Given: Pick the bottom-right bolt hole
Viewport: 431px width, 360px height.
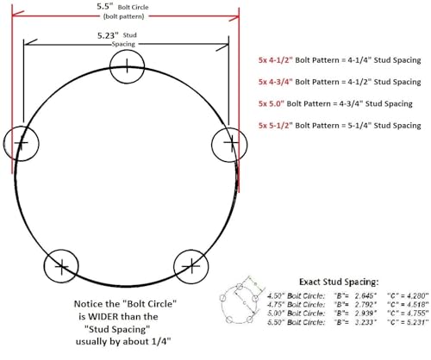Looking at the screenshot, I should click(191, 267).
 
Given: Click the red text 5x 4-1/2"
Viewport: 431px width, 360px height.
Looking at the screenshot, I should click(280, 60).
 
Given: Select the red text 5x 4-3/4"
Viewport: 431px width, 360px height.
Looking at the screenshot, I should click(280, 82).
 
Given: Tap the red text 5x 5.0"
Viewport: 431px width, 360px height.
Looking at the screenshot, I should click(277, 103).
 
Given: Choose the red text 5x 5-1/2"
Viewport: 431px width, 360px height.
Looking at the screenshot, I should click(280, 126).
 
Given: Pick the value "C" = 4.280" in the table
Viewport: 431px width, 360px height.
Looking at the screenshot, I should click(400, 294).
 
